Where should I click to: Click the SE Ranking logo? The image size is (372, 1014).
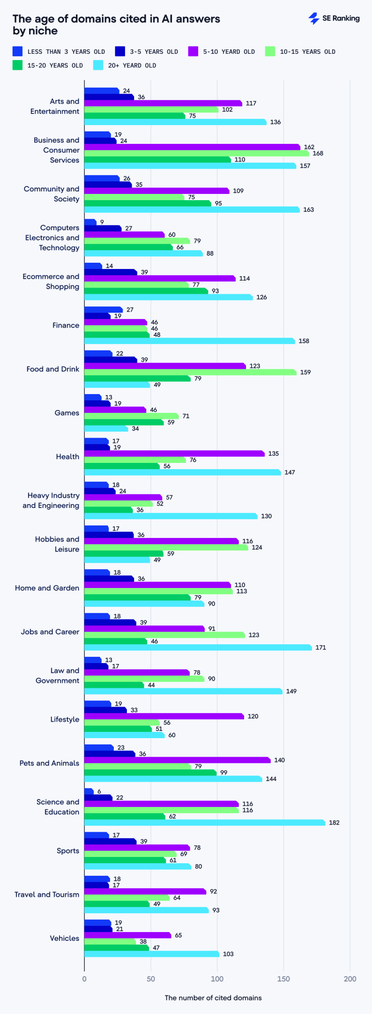[334, 18]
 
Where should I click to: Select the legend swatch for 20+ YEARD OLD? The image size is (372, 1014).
[98, 65]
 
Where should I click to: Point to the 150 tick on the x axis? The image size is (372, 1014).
[283, 979]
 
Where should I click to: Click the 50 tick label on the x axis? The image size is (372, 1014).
[151, 979]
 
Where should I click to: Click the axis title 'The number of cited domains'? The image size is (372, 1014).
[213, 998]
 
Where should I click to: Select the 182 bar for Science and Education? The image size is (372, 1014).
[204, 823]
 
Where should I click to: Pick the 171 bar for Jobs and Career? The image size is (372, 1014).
[198, 647]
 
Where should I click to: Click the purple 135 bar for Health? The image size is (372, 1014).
[174, 454]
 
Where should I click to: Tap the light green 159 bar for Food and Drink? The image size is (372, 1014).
[190, 372]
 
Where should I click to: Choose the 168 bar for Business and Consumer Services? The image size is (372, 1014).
[196, 153]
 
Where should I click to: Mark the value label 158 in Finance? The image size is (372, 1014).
[304, 341]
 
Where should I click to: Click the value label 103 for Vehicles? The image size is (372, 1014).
[228, 954]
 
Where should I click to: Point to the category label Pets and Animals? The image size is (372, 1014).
[49, 763]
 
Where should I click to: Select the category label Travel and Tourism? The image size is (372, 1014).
[46, 894]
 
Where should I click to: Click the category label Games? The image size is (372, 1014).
[67, 413]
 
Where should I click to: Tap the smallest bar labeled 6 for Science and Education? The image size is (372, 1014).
[89, 792]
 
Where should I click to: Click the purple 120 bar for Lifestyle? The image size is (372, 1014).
[164, 716]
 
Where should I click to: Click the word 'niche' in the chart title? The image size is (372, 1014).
[45, 31]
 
